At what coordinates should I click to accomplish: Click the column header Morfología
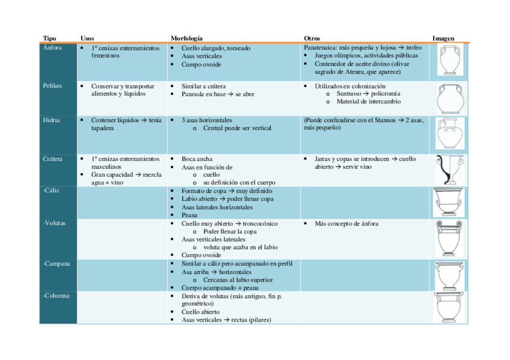pyautogui.click(x=186, y=38)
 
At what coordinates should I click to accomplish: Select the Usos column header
pyautogui.click(x=87, y=38)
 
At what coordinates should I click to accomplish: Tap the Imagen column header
pyautogui.click(x=443, y=38)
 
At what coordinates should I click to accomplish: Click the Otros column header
pyautogui.click(x=312, y=38)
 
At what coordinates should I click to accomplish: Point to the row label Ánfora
pyautogui.click(x=52, y=48)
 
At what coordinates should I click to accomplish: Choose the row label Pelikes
pyautogui.click(x=52, y=86)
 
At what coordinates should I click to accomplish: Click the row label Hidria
pyautogui.click(x=51, y=120)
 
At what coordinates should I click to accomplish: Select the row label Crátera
pyautogui.click(x=53, y=159)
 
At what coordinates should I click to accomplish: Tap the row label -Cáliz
pyautogui.click(x=51, y=190)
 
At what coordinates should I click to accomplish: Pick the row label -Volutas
pyautogui.click(x=55, y=223)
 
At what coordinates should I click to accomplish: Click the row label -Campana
pyautogui.click(x=57, y=263)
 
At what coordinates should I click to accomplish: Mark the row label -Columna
pyautogui.click(x=57, y=296)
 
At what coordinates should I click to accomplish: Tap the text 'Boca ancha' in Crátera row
pyautogui.click(x=197, y=159)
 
